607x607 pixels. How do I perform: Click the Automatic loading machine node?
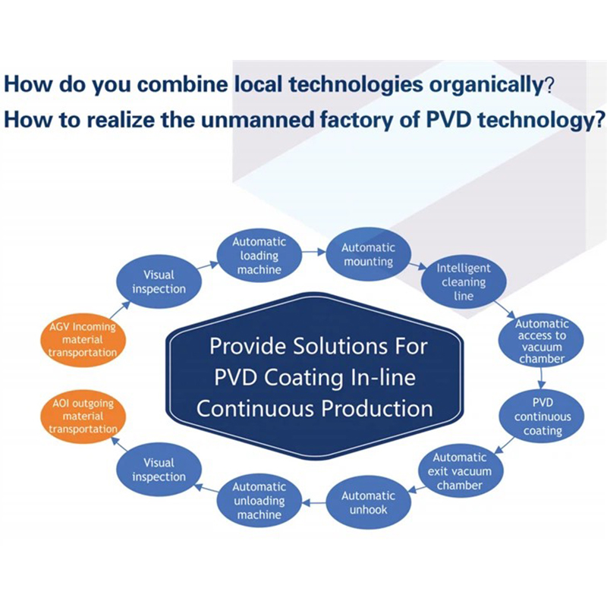coord(259,256)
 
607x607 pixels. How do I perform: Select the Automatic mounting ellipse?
coord(368,254)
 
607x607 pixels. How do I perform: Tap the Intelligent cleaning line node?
coord(464,281)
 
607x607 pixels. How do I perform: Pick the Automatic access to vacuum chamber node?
coord(541,341)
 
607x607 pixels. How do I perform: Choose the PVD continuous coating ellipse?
coord(542,417)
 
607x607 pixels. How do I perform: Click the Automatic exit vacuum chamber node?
coord(460,471)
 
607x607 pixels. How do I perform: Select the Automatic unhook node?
coord(368,502)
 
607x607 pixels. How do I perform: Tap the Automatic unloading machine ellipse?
coord(259,501)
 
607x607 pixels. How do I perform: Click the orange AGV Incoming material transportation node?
coord(83,340)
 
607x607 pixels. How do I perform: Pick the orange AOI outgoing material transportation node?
coord(83,416)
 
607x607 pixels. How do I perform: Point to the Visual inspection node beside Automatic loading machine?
coord(159,281)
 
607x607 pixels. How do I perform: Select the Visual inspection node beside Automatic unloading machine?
coord(159,469)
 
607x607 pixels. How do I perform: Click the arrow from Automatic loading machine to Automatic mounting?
coord(314,252)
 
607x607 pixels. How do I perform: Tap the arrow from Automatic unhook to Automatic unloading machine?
coord(314,503)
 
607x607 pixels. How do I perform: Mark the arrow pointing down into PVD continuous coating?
coord(542,379)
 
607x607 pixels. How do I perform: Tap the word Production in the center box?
coord(377,408)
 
